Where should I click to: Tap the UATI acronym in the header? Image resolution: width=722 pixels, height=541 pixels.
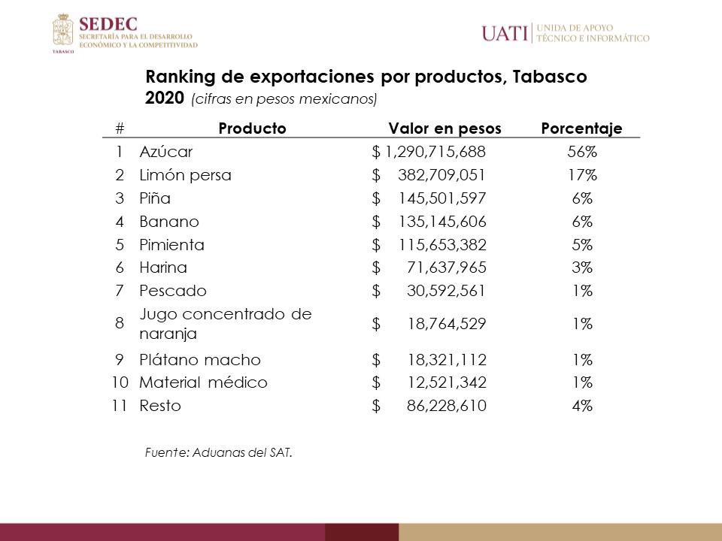505,33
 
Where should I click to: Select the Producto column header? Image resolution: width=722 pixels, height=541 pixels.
252,128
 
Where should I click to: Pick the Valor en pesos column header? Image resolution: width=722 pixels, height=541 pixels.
444,128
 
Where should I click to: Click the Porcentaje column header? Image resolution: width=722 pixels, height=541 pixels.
581,128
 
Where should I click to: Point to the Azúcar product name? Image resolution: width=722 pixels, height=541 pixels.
166,152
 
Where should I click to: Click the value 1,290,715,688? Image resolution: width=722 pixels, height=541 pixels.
435,152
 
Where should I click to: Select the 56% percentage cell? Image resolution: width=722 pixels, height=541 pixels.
581,152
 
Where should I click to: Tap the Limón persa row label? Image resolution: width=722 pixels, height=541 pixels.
185,175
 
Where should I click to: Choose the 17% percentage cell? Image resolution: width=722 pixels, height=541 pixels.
581,175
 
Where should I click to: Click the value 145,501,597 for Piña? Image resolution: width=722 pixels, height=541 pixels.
442,198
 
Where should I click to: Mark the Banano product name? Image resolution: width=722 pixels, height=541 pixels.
169,222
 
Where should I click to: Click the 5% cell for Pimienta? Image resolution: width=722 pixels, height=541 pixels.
581,245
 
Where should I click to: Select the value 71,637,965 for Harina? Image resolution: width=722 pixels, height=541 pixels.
448,267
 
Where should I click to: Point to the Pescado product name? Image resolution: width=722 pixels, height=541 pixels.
173,291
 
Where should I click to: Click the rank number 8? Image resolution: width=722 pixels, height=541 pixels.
120,324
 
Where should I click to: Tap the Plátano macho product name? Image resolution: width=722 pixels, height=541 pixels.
200,359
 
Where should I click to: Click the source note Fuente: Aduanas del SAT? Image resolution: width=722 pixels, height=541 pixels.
217,452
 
